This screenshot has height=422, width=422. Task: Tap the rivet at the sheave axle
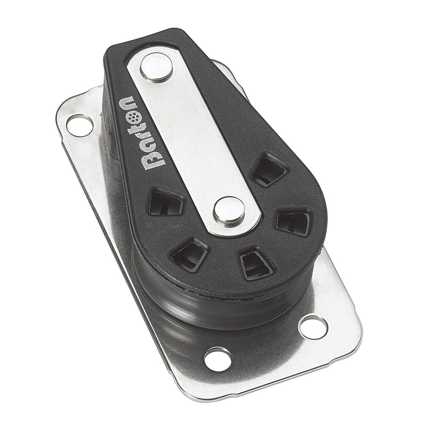click(229, 210)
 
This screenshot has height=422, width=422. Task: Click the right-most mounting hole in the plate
click(313, 327)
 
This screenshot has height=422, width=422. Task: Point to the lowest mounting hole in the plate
click(218, 359)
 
